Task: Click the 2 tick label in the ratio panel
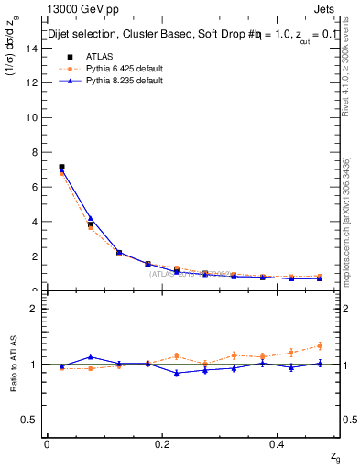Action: click(x=36, y=309)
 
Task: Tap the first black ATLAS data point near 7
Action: click(x=61, y=168)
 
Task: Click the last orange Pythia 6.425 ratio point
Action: click(x=320, y=345)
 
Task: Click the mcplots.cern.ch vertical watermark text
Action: click(x=346, y=220)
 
